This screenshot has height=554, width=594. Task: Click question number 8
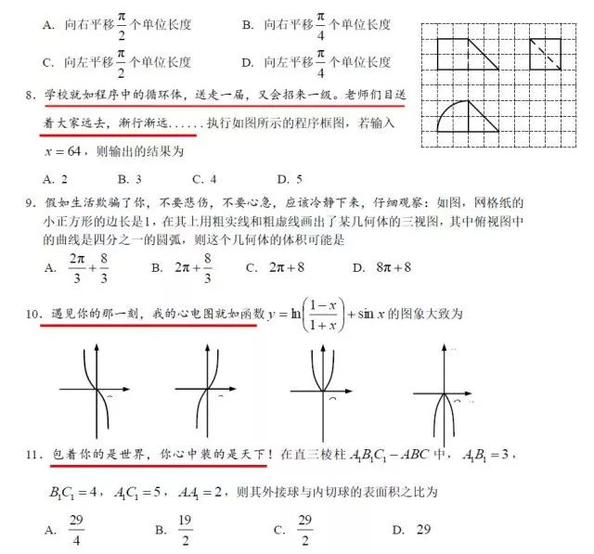[x=34, y=96]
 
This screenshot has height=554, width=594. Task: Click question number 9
[x=34, y=202]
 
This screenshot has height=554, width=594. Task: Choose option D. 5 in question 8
[x=290, y=177]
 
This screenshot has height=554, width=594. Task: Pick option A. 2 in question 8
[x=53, y=177]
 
